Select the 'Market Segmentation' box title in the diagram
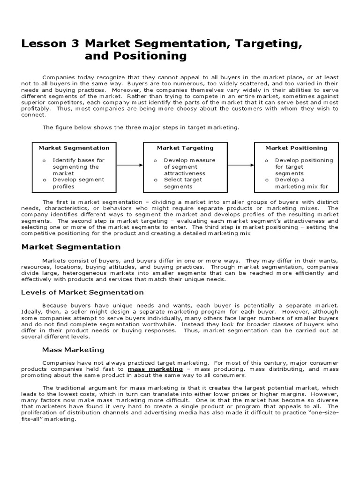(x=74, y=148)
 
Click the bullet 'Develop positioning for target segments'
(x=302, y=166)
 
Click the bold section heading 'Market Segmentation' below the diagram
(x=71, y=247)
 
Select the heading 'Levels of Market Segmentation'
(x=82, y=292)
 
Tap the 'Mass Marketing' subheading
(x=73, y=350)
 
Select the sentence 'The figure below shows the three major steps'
(x=141, y=127)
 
